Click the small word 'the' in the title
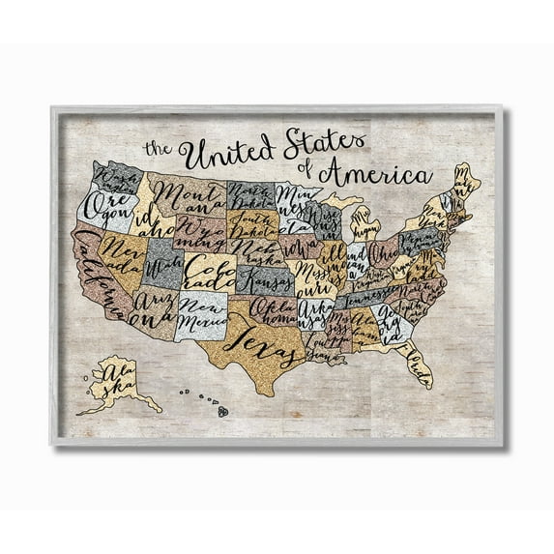click(x=157, y=148)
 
